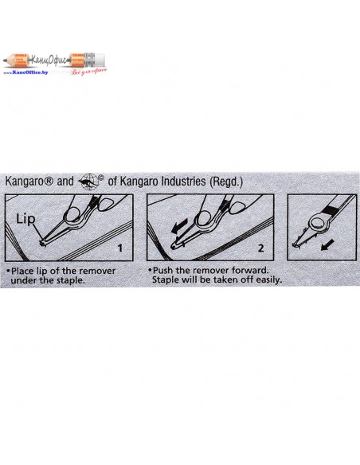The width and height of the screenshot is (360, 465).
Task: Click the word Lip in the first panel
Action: point(25,220)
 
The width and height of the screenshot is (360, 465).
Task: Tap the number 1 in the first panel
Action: point(120,248)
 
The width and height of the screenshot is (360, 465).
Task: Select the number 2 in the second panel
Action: point(260,248)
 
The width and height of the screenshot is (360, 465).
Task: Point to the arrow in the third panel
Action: point(328,245)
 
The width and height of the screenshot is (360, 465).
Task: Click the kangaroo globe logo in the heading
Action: point(91,182)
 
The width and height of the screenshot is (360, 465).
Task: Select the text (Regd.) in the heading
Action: point(226,182)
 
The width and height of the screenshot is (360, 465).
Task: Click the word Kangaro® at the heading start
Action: point(29,182)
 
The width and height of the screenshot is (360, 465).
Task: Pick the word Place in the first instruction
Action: point(22,271)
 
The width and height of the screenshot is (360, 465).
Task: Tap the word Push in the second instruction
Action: point(162,271)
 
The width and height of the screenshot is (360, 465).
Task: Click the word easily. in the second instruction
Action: point(267,279)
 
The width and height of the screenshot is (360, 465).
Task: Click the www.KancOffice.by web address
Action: point(25,72)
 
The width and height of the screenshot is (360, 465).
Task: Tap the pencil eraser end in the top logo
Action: point(100,60)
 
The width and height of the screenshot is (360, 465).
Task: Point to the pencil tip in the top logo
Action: point(5,60)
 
